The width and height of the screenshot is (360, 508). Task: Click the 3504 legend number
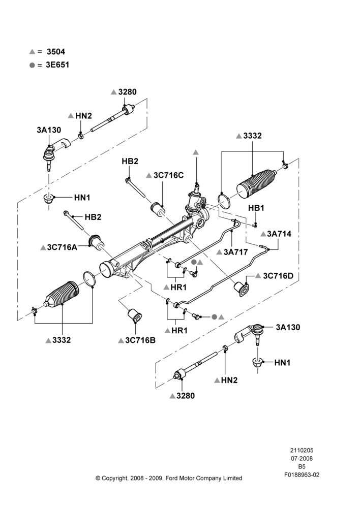tap(56, 51)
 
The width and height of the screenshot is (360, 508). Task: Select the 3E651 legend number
tap(57, 65)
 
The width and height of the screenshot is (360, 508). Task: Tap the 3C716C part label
tap(169, 175)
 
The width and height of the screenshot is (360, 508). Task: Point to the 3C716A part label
tap(62, 247)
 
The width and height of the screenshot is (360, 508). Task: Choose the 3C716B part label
tap(140, 340)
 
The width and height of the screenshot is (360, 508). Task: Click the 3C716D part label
tap(278, 276)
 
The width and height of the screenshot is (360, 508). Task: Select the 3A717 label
tap(236, 252)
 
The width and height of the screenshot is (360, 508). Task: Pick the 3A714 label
tap(279, 234)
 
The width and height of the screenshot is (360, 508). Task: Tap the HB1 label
tap(256, 208)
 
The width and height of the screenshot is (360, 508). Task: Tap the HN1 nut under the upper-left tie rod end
tap(49, 198)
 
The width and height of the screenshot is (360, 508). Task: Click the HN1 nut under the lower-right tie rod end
tap(257, 362)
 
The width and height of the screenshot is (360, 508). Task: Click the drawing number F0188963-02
tap(302, 475)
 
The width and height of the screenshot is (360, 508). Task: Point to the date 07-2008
tap(302, 458)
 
